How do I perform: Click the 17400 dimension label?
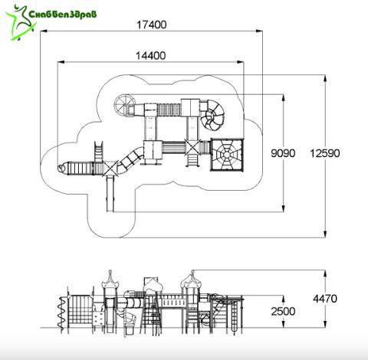point(152,25)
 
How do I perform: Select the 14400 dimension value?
point(150,55)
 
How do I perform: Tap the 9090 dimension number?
point(283,153)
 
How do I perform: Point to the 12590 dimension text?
point(325,153)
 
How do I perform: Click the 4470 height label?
point(325,299)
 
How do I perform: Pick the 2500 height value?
point(283,311)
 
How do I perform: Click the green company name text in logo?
point(63,14)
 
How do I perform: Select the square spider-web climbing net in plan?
point(227,155)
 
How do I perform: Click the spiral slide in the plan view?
point(212,115)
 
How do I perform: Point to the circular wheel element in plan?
point(124,105)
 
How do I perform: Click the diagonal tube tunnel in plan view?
point(130,159)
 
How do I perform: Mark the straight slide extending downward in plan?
point(110,194)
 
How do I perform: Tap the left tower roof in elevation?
point(110,279)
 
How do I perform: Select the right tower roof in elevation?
point(190,279)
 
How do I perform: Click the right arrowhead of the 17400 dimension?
point(259,31)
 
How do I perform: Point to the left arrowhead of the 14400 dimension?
point(61,62)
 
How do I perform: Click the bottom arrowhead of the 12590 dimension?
point(325,234)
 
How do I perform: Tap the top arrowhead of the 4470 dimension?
point(325,273)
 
